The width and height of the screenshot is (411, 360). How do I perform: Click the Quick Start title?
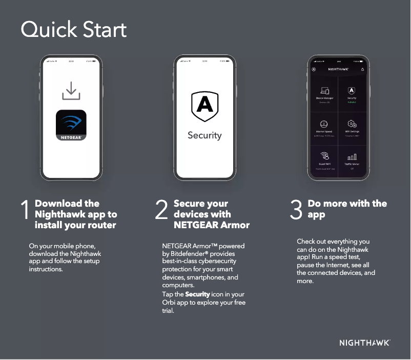point(73,30)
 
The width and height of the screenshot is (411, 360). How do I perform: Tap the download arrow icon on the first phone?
point(71,91)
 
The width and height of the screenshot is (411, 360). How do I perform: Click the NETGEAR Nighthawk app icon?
point(71,125)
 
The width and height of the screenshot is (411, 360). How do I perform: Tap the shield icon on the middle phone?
point(204,106)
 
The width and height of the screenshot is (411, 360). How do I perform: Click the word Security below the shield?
point(204,135)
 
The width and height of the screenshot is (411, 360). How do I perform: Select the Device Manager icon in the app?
point(324,91)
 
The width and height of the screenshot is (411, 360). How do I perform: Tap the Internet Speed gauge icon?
point(324,124)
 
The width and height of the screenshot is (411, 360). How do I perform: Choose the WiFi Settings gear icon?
point(352,124)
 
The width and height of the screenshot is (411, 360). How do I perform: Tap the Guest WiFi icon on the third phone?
point(324,156)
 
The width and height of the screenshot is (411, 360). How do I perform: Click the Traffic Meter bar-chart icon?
point(352,157)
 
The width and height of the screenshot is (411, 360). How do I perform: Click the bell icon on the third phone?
point(363,69)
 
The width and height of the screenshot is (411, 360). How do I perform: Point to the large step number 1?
point(25,211)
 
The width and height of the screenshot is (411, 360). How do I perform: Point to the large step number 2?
point(161,211)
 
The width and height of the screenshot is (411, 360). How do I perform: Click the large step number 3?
point(296,211)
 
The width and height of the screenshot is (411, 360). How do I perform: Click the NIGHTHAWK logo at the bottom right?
point(364,343)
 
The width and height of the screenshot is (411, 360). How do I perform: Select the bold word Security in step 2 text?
point(197,294)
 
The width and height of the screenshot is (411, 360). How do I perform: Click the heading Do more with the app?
point(347,209)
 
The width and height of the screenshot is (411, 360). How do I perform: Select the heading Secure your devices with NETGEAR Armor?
point(211,214)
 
